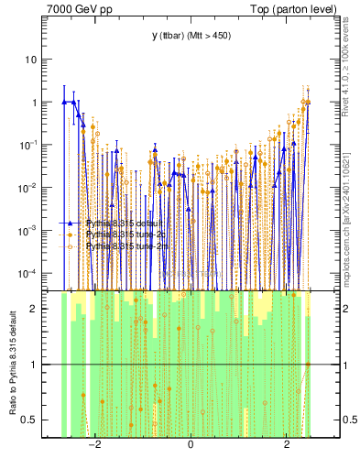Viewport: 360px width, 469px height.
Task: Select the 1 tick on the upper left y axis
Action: (33, 103)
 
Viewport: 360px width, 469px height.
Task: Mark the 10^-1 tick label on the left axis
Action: (27, 145)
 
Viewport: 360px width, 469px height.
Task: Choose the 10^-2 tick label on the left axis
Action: (27, 188)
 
